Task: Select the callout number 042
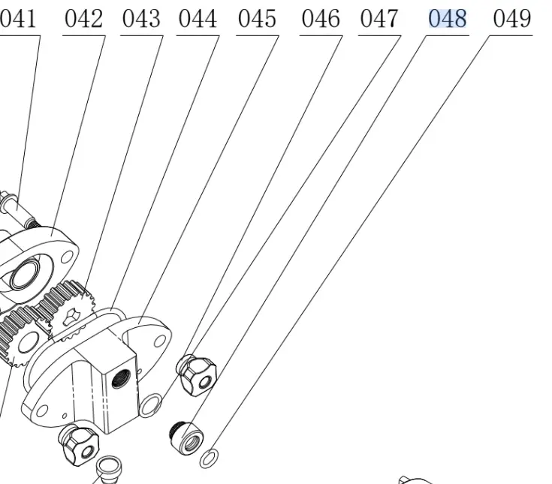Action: click(x=83, y=19)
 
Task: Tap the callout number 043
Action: click(x=141, y=19)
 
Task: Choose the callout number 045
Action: click(x=257, y=19)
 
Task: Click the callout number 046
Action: click(x=320, y=19)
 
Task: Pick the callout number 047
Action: click(x=379, y=19)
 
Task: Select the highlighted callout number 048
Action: click(x=448, y=19)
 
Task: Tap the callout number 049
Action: click(x=512, y=19)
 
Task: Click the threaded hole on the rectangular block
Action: click(x=119, y=377)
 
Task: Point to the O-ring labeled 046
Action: click(x=150, y=405)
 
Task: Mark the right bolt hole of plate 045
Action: click(x=159, y=341)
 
